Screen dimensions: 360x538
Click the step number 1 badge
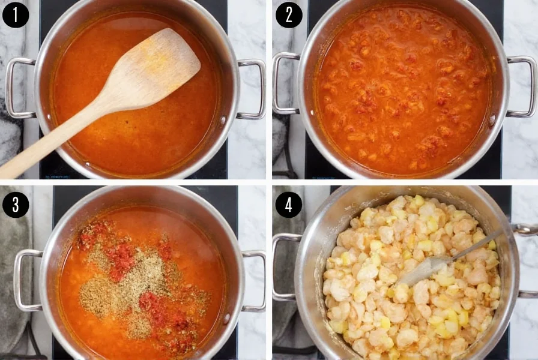click(16, 15)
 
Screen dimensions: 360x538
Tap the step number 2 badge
click(289, 15)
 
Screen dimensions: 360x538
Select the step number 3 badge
click(16, 205)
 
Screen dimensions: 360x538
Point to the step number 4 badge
click(289, 205)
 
